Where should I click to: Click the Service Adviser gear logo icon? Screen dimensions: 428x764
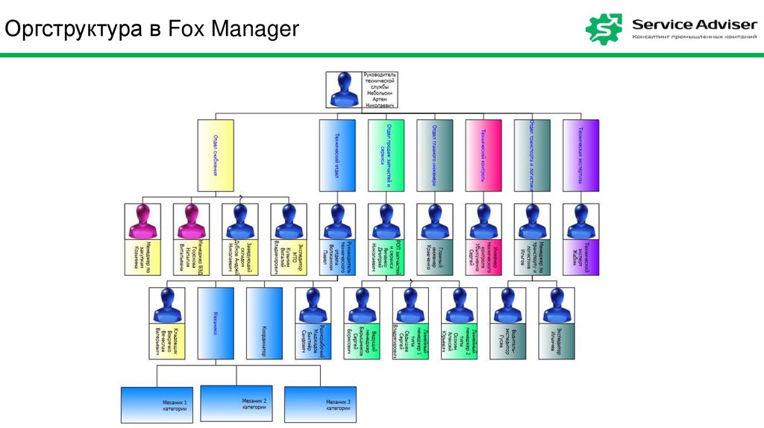pos(604,28)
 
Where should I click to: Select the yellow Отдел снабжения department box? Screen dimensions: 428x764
pos(216,155)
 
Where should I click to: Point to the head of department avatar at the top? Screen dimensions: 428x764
pos(344,90)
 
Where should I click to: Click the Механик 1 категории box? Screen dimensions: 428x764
pos(157,405)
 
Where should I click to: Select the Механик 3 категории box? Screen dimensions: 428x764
pos(320,405)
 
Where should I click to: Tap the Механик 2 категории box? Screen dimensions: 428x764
pos(239,405)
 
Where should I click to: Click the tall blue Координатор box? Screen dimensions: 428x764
pos(264,323)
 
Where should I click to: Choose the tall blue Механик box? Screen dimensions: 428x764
pos(216,323)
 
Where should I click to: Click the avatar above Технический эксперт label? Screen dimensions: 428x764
pos(580,221)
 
